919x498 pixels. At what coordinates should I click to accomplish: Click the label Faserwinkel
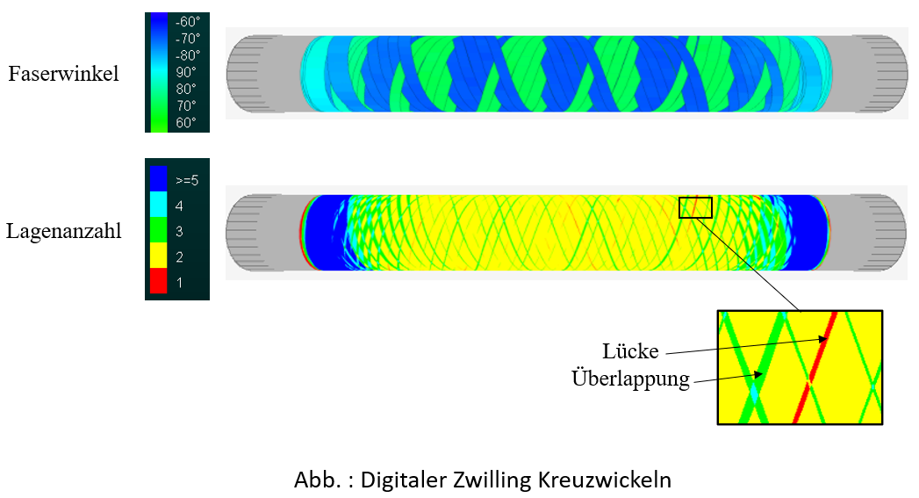(63, 74)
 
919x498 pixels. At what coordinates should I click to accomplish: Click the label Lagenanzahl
(64, 231)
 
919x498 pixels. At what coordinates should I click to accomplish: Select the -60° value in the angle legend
(188, 22)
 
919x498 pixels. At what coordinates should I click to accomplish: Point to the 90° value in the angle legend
(186, 72)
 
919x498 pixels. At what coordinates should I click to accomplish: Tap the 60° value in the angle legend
(186, 123)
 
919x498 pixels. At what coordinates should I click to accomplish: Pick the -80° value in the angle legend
(188, 55)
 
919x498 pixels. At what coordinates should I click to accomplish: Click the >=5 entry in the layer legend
(187, 181)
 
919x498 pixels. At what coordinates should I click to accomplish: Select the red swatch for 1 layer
(158, 281)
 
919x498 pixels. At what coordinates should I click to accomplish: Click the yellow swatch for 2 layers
(158, 256)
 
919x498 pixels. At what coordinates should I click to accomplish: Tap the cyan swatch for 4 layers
(158, 205)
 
